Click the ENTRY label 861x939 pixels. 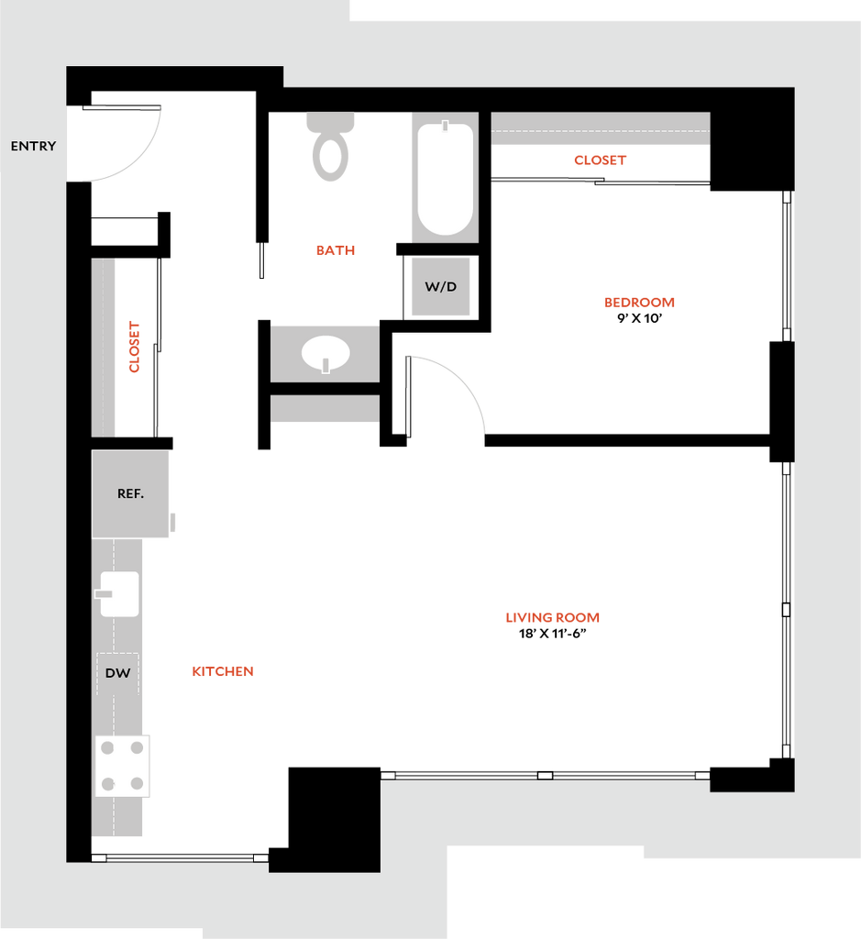click(x=34, y=146)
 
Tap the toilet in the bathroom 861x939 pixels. click(x=330, y=147)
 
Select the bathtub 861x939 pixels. click(x=445, y=179)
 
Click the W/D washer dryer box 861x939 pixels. click(x=441, y=286)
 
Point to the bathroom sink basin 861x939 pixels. click(x=326, y=354)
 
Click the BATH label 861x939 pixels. click(x=336, y=250)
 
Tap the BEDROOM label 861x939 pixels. click(x=639, y=303)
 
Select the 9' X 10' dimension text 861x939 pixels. click(x=639, y=318)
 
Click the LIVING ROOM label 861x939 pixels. click(x=552, y=617)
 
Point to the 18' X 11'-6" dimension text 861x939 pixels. click(x=552, y=634)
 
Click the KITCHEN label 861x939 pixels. click(x=223, y=671)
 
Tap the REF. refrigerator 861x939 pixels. click(x=130, y=494)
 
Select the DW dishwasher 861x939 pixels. click(x=118, y=673)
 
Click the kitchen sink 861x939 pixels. click(x=119, y=594)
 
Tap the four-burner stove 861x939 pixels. click(x=122, y=766)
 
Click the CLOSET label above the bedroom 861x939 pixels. click(x=600, y=160)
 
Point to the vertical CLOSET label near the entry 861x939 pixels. click(x=134, y=347)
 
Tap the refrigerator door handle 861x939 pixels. click(x=172, y=522)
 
